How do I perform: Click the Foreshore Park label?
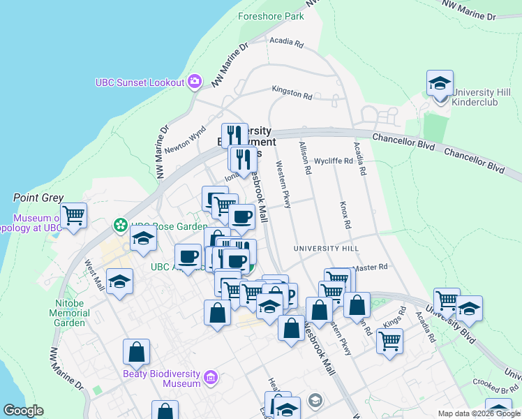pyautogui.click(x=271, y=15)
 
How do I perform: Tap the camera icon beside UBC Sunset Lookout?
pyautogui.click(x=195, y=82)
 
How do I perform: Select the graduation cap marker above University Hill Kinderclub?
pyautogui.click(x=440, y=83)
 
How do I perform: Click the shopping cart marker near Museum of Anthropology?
pyautogui.click(x=73, y=216)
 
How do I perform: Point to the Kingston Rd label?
pyautogui.click(x=292, y=92)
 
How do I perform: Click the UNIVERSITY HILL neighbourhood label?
pyautogui.click(x=326, y=249)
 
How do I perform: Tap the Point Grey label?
pyautogui.click(x=38, y=198)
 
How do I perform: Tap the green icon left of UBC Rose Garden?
pyautogui.click(x=119, y=226)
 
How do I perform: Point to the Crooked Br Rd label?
pyautogui.click(x=494, y=382)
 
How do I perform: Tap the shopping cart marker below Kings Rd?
pyautogui.click(x=389, y=341)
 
